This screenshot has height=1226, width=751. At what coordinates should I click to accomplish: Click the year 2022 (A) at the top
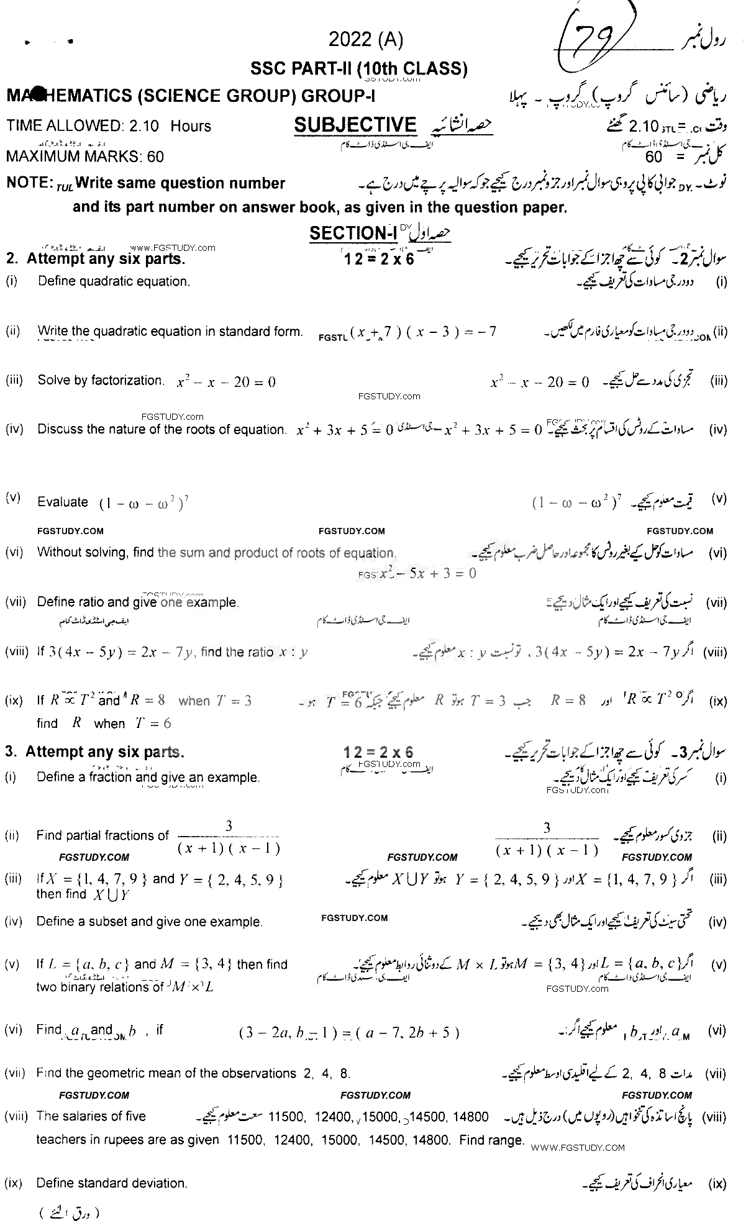pos(366,40)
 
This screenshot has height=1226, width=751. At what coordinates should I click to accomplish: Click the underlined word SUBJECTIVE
pos(355,125)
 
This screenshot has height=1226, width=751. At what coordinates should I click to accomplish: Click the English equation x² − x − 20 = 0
pos(226,382)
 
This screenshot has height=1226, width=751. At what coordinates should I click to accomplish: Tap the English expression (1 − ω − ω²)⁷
pos(143,503)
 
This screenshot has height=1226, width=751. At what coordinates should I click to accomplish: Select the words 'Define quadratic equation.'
pos(114,281)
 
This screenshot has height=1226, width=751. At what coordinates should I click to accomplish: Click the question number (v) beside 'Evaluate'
pos(13,497)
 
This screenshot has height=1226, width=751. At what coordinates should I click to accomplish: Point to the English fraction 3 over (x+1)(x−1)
pos(229,838)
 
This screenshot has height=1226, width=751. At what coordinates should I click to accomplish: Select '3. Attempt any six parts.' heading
pos(95,752)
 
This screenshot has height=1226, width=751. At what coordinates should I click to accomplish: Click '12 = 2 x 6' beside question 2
pos(378,259)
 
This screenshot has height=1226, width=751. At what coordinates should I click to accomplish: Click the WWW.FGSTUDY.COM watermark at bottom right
pos(578,1148)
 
